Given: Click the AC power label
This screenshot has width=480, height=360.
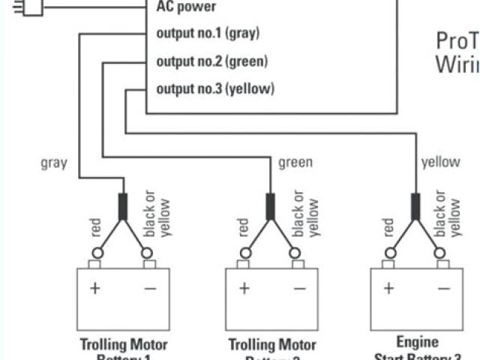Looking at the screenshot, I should pos(186,7).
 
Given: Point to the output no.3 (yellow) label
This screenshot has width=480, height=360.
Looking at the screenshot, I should pos(215,89).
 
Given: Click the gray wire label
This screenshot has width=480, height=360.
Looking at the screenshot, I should pos(54,163).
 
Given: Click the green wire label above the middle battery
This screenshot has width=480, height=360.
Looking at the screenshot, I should pos(295,163).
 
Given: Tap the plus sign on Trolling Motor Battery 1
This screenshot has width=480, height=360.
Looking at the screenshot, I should pos(95,288).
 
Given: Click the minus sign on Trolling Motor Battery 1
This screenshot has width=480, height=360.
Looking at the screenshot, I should pos(150,288).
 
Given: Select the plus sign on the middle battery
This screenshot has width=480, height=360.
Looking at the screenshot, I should pos(244,288).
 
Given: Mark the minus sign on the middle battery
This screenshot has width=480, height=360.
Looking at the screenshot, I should pos(298,288).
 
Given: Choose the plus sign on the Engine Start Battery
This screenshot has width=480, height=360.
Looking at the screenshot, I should pos(389,288).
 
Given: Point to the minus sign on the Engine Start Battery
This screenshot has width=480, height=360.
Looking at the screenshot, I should pos(444,288).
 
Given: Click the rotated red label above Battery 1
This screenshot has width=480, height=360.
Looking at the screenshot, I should pos(95,228).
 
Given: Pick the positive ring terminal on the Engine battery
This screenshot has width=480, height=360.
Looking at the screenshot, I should pos(389,253).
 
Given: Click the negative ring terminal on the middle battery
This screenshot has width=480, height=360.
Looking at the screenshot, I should pos(296,253).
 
